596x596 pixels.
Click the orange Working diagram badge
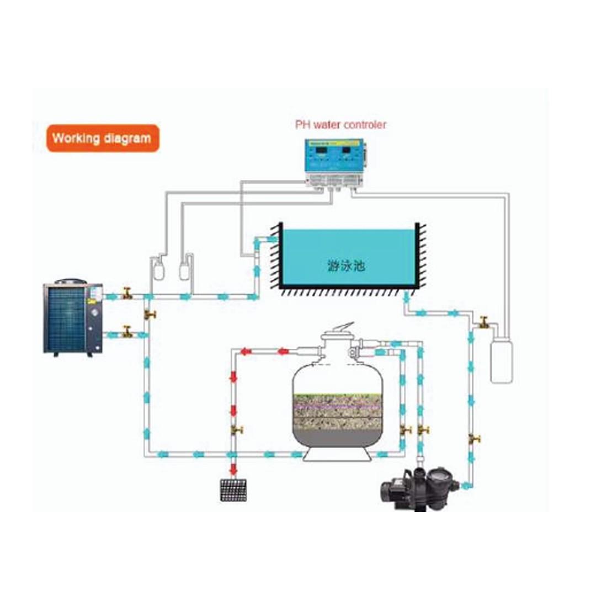point(103,138)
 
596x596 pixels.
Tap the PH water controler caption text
point(340,125)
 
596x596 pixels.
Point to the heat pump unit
point(73,318)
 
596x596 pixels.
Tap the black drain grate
point(233,490)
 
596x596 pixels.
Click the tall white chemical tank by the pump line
point(501,361)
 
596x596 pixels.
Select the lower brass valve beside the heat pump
point(127,332)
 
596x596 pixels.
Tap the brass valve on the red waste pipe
point(237,430)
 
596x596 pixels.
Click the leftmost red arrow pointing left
point(246,352)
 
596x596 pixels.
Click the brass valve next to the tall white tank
point(484,322)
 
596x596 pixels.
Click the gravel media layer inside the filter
point(338,412)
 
